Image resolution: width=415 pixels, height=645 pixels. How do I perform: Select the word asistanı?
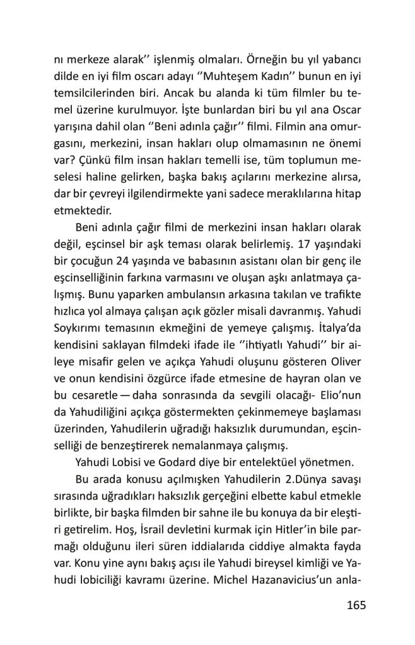click(x=247, y=260)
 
